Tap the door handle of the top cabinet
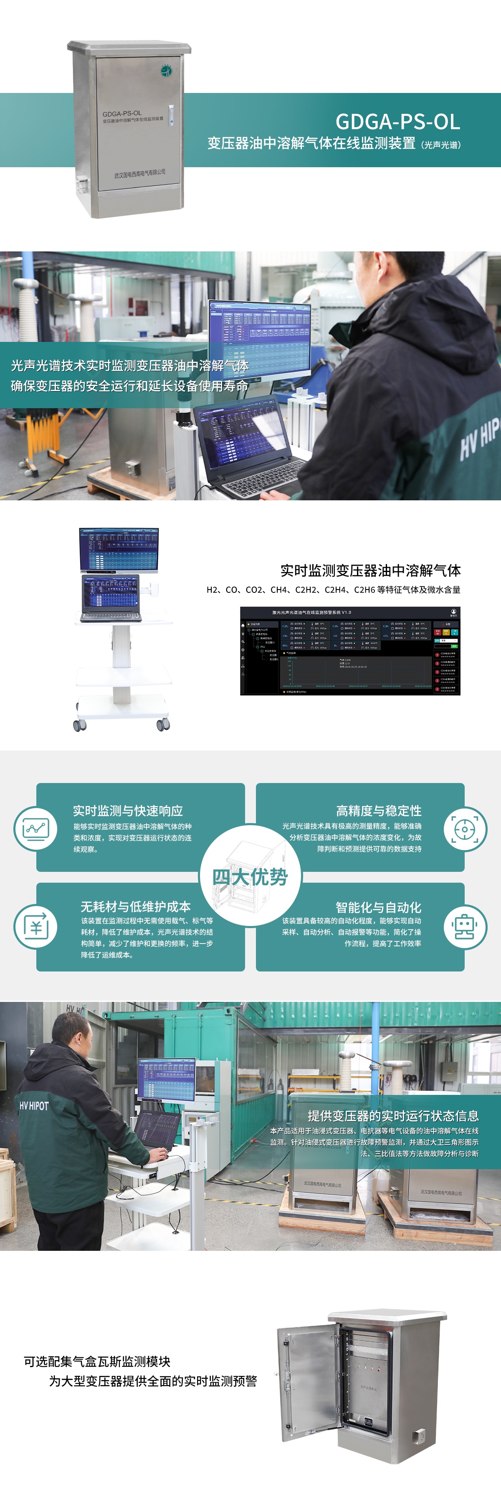[171, 111]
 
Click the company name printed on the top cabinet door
[139, 173]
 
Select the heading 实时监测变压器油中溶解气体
[370, 570]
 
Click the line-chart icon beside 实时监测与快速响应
[35, 828]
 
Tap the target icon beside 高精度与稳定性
[465, 828]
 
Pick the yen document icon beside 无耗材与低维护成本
[35, 926]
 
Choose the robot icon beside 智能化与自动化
[465, 926]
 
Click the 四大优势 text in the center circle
[250, 876]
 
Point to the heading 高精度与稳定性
[379, 811]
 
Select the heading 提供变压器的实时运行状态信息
[393, 1115]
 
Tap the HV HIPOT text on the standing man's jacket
[34, 1105]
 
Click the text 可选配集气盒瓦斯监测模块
[97, 1361]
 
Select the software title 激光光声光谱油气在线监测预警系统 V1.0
[311, 612]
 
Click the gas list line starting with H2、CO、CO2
[333, 590]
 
